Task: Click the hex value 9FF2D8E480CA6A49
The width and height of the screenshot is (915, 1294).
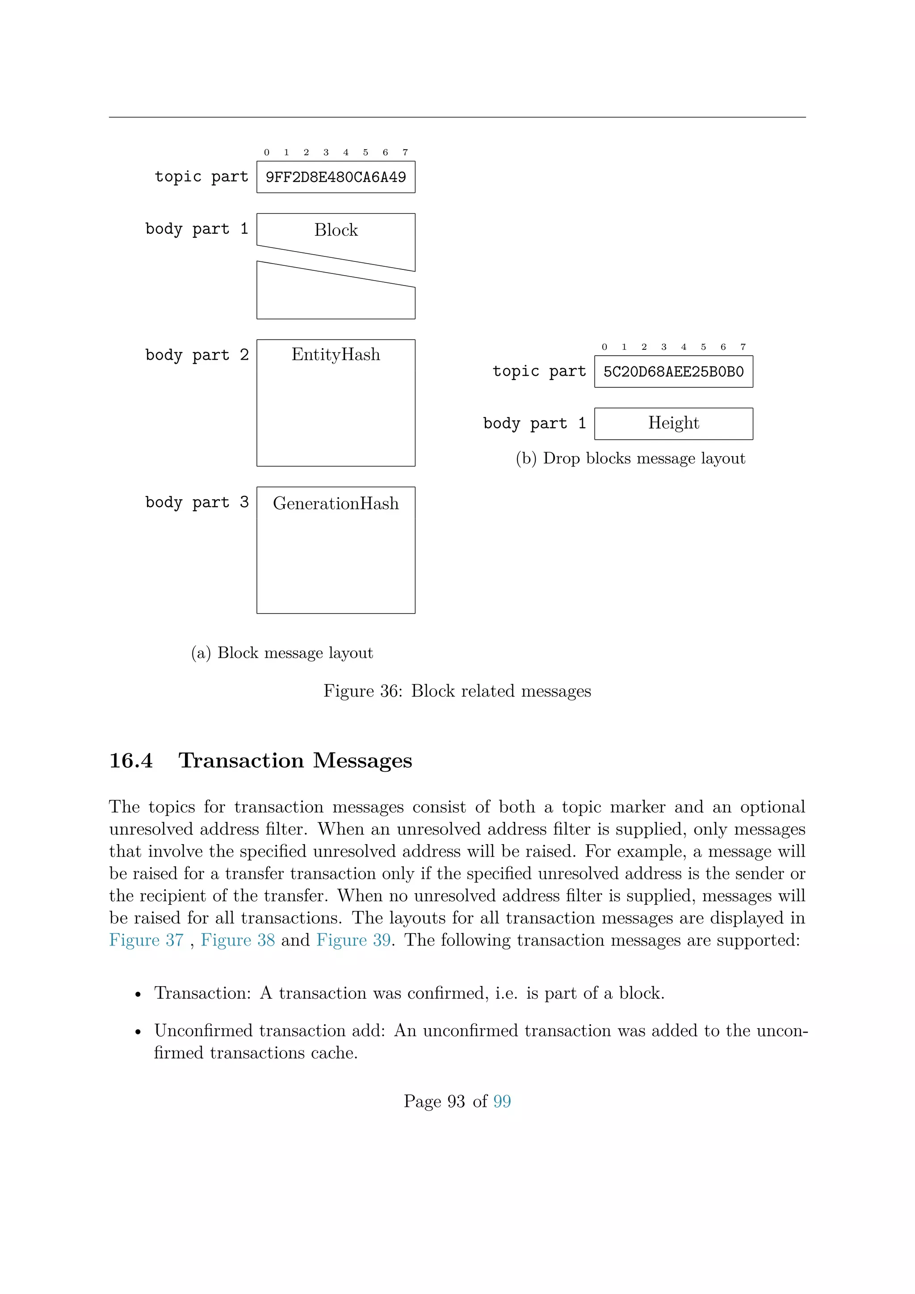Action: tap(336, 177)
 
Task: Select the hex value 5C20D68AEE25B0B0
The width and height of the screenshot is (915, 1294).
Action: tap(673, 372)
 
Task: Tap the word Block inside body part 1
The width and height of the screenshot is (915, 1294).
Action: tap(336, 230)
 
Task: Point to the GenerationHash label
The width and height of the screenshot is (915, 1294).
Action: tap(336, 503)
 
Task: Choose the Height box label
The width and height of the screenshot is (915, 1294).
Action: tap(673, 423)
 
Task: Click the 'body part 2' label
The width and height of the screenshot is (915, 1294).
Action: tap(197, 355)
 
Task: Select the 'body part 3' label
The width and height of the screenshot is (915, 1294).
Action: tap(197, 502)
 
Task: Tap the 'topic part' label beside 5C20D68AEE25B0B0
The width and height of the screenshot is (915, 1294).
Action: tap(539, 371)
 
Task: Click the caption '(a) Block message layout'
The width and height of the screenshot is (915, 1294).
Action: tap(282, 653)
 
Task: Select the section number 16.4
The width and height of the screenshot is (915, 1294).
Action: tap(131, 761)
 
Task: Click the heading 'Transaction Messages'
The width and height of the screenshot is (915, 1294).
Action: tap(295, 761)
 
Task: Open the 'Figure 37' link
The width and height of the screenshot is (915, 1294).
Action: tap(147, 940)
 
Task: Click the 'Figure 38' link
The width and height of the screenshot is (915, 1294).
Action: tap(238, 940)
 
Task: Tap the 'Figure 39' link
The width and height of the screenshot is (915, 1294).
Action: tap(353, 940)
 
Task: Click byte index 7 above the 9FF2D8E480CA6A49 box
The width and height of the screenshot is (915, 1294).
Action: tap(405, 153)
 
